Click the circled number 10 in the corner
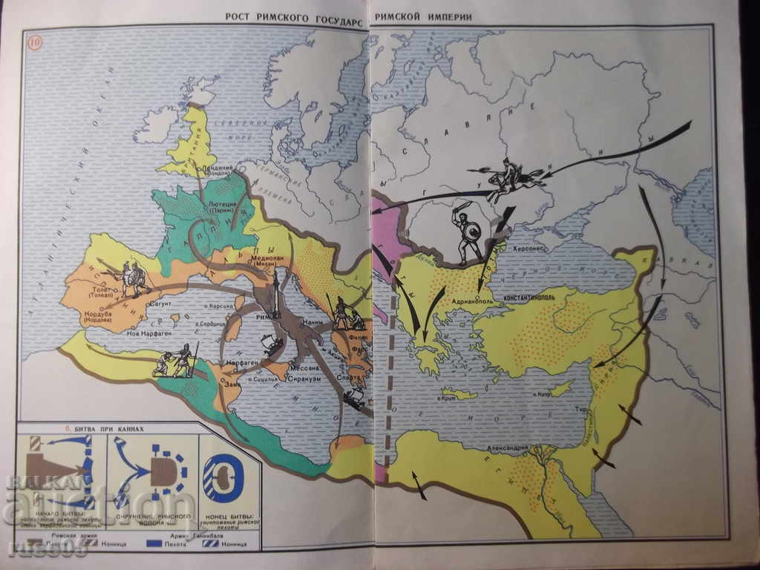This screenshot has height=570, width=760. tap(35, 42)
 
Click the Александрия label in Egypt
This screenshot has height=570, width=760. tap(508, 448)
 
